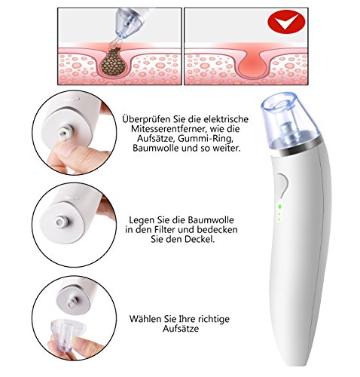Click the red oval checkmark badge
(286, 22)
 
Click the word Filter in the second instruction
(166, 229)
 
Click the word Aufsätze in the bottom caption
(181, 329)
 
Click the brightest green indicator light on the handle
(279, 207)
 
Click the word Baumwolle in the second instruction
(211, 220)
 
